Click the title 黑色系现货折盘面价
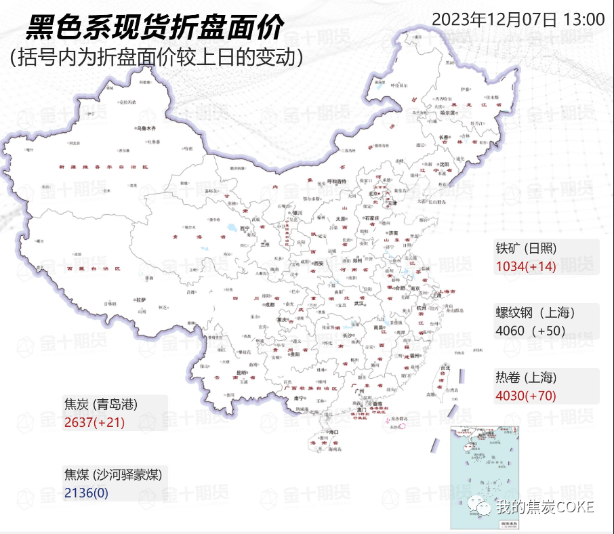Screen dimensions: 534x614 pos(155,28)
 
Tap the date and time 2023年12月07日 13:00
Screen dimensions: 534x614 pos(518,18)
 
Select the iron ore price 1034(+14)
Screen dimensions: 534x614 pos(526,266)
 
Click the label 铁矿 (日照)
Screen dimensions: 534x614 pos(526,248)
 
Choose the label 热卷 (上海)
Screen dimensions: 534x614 pos(526,377)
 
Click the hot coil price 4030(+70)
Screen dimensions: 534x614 pos(526,396)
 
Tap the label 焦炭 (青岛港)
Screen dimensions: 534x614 pos(101,405)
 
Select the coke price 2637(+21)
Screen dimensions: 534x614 pos(95,423)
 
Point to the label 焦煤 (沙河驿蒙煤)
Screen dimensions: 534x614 pos(113,474)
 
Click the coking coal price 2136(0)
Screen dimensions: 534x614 pos(86,493)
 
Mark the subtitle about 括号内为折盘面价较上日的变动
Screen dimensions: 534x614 pos(156,58)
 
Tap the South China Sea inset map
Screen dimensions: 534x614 pos(485,477)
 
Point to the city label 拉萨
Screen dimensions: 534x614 pos(141,299)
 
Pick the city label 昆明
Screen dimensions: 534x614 pos(241,373)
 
